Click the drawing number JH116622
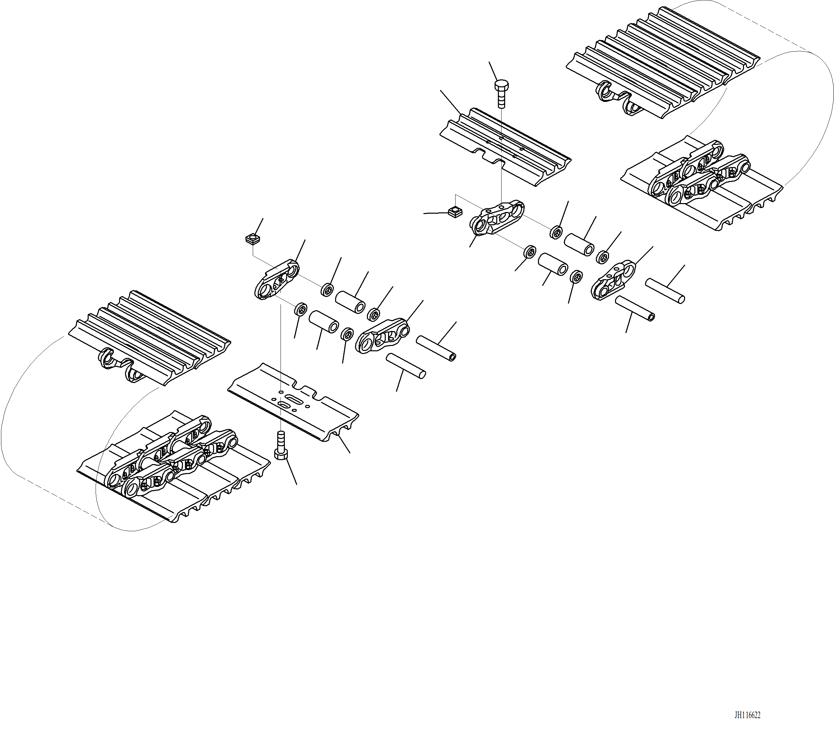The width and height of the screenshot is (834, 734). coord(747,715)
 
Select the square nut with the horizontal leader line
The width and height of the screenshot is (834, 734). coord(455,212)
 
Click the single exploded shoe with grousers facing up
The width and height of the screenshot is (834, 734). coord(505,147)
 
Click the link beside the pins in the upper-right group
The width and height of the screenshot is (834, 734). coord(613,281)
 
